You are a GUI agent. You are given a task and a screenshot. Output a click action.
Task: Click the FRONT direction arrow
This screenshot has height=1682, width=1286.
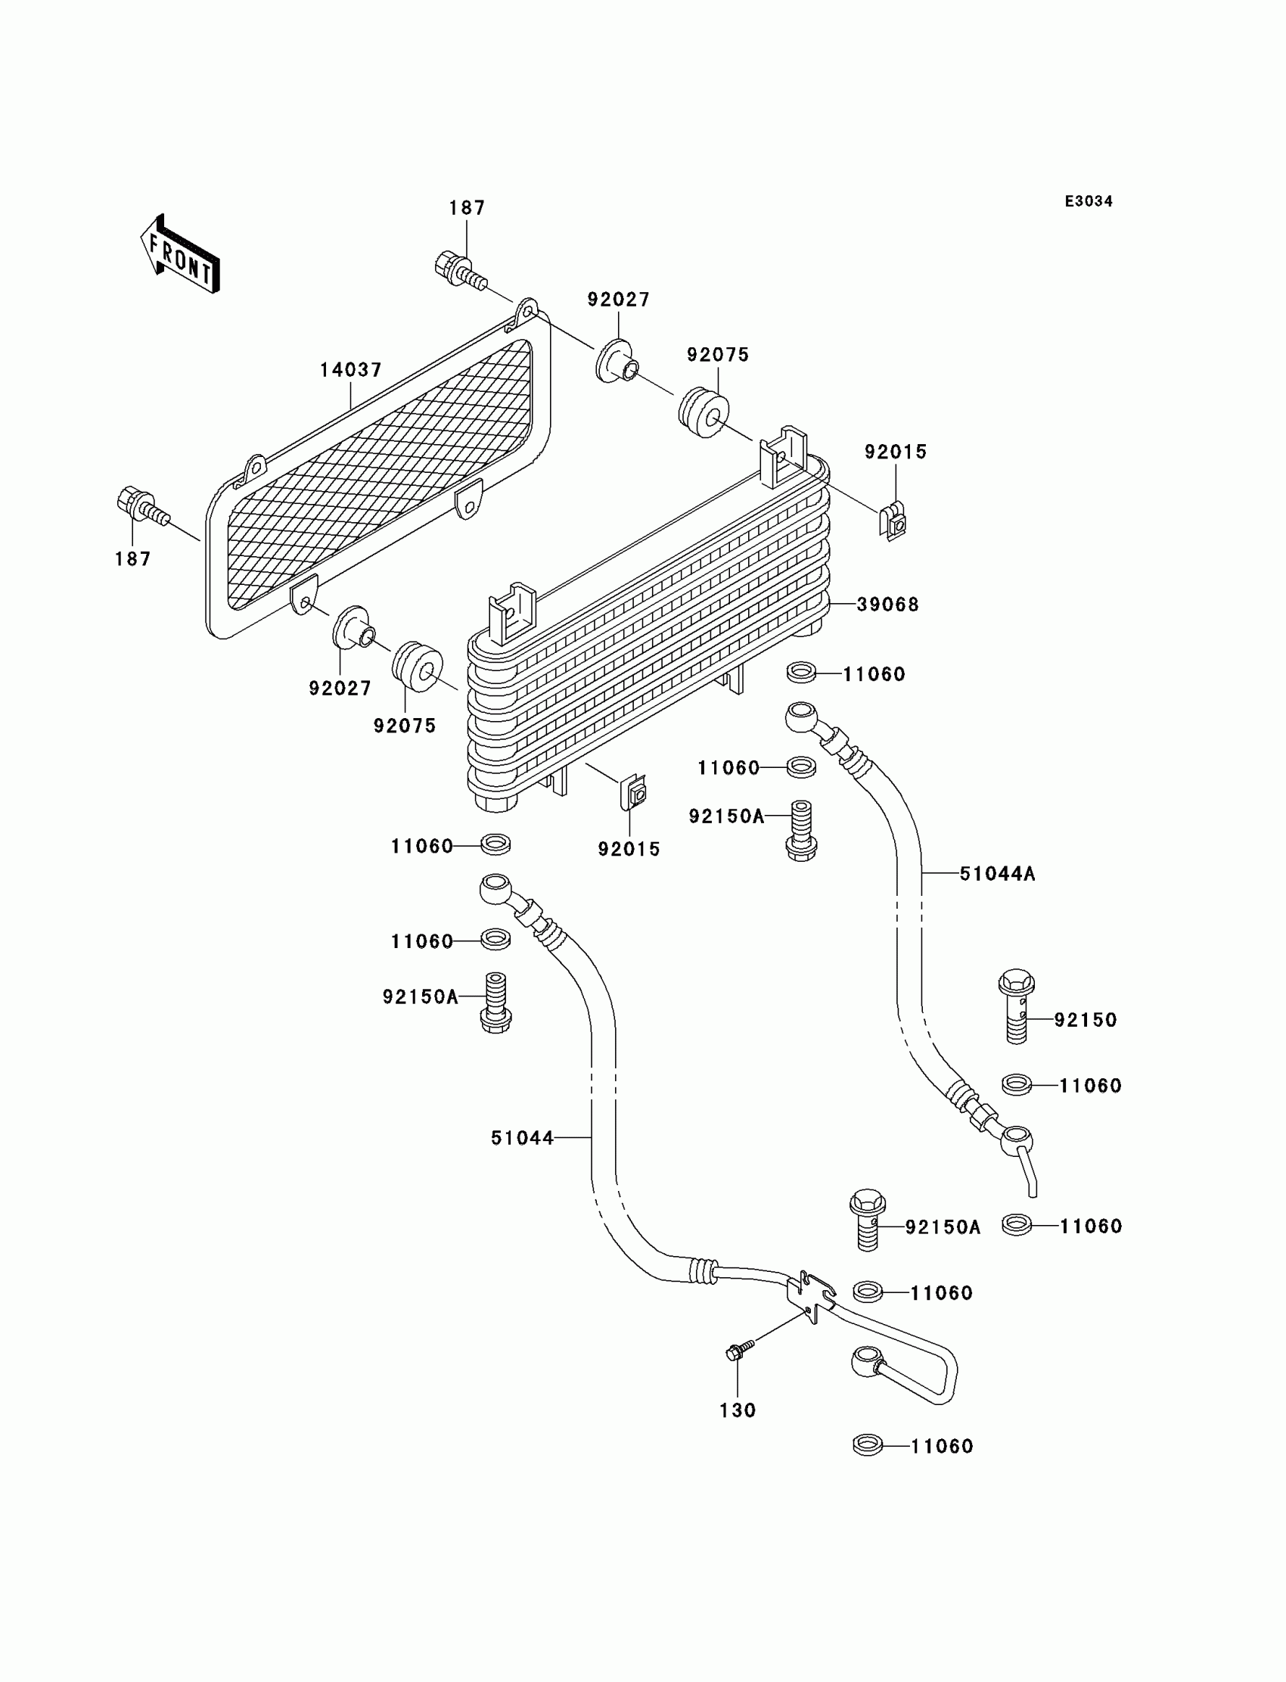[181, 255]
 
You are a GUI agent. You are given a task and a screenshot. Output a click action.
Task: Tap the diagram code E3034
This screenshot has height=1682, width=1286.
[1089, 201]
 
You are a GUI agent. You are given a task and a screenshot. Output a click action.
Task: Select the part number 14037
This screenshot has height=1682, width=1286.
[350, 370]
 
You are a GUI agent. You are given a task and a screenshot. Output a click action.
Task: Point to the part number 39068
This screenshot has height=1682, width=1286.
[888, 605]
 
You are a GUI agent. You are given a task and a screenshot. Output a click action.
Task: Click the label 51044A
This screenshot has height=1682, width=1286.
[998, 874]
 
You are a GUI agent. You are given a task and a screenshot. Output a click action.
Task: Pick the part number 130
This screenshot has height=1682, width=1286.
[738, 1410]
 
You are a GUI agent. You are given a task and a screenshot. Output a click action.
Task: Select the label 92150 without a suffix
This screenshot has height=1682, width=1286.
[1086, 1020]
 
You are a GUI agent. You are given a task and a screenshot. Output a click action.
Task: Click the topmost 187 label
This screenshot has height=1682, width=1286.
[467, 208]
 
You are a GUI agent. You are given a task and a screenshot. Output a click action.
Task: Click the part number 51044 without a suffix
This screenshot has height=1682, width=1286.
[522, 1160]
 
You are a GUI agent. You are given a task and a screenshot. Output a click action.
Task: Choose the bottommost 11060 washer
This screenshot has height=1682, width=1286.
[867, 1446]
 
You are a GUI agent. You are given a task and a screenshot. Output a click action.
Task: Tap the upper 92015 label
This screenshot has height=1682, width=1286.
[896, 452]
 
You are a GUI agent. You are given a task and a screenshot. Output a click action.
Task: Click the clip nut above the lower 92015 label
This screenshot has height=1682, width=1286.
[634, 792]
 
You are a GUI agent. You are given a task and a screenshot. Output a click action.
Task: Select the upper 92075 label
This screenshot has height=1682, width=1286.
[718, 355]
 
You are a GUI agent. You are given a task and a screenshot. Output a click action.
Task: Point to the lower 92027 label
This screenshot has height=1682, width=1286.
[340, 689]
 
